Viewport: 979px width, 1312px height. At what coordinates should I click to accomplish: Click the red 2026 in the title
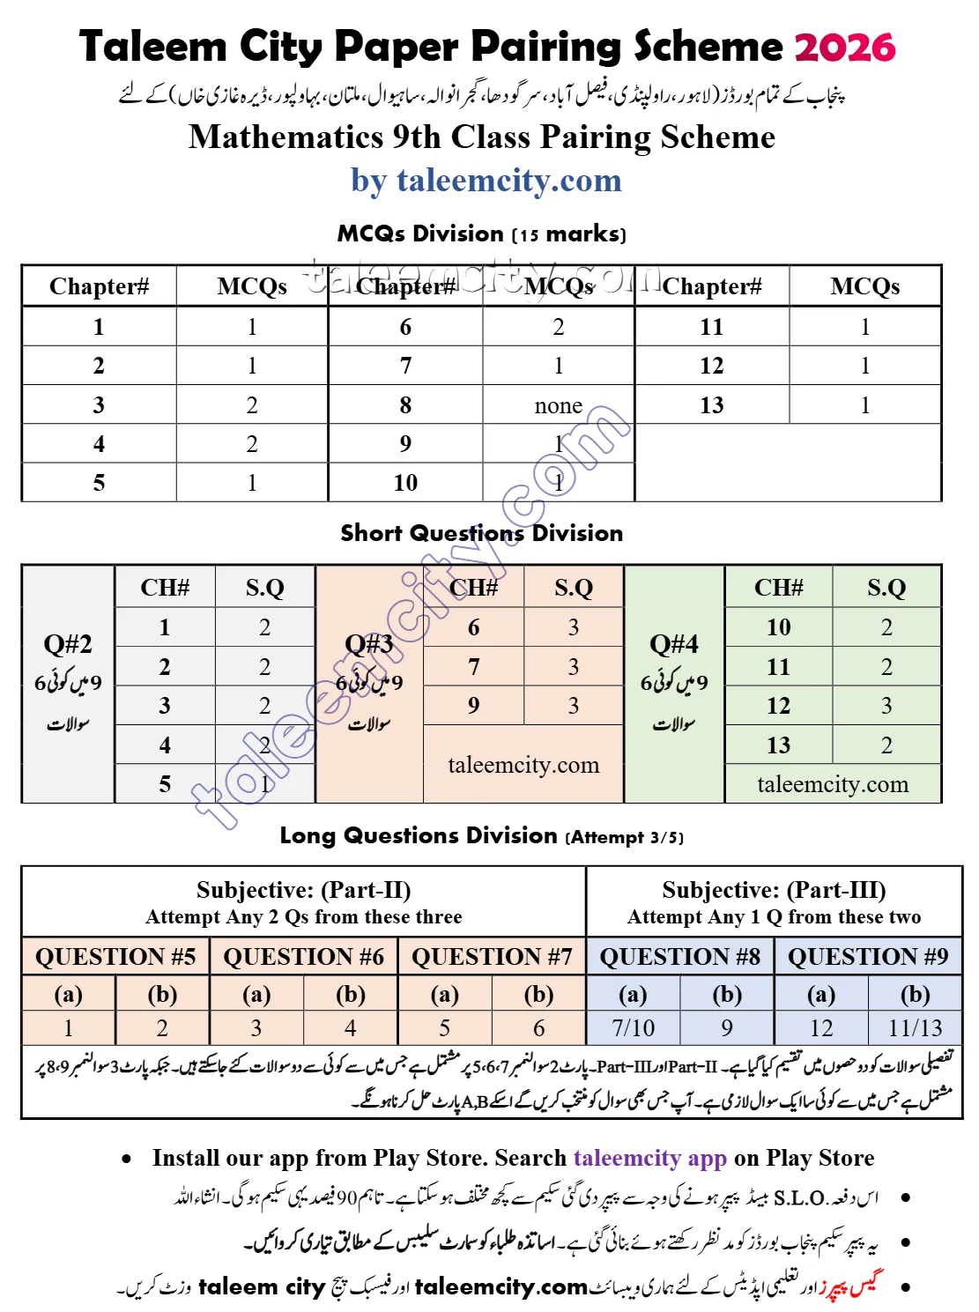pyautogui.click(x=844, y=47)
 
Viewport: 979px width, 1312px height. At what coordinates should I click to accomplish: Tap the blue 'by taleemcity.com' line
pyautogui.click(x=486, y=181)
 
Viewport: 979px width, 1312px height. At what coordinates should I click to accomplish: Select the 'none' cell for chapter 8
pyautogui.click(x=558, y=405)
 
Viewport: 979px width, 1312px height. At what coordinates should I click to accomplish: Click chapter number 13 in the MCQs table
pyautogui.click(x=711, y=405)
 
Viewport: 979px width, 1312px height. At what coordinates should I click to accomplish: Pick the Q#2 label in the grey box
pyautogui.click(x=68, y=644)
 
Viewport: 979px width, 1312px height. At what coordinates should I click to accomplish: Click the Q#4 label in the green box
pyautogui.click(x=674, y=644)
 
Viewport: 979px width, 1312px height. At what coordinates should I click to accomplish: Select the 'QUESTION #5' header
pyautogui.click(x=115, y=956)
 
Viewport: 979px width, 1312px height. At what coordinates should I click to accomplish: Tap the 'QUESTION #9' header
pyautogui.click(x=868, y=956)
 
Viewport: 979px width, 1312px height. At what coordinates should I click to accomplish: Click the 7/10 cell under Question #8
pyautogui.click(x=633, y=1027)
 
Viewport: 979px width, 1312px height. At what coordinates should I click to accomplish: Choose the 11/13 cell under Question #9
pyautogui.click(x=916, y=1027)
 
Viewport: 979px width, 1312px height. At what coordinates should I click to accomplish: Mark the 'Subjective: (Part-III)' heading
pyautogui.click(x=774, y=890)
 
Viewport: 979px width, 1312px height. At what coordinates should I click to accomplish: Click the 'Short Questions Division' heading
pyautogui.click(x=481, y=533)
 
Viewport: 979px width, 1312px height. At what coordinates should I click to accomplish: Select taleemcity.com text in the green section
pyautogui.click(x=833, y=784)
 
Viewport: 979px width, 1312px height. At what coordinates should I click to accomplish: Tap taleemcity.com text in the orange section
pyautogui.click(x=523, y=765)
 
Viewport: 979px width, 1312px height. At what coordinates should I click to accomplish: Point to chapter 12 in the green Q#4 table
pyautogui.click(x=778, y=706)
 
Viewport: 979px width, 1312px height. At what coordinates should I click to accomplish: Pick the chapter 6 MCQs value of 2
pyautogui.click(x=558, y=327)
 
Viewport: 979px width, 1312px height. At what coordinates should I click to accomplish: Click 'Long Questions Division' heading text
pyautogui.click(x=419, y=835)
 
